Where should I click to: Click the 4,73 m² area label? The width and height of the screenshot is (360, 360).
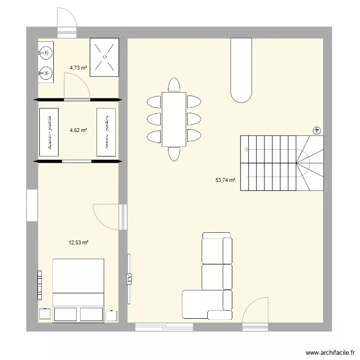click(78, 68)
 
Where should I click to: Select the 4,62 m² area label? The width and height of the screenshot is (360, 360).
click(78, 130)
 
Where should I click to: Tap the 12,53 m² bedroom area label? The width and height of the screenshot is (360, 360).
click(78, 243)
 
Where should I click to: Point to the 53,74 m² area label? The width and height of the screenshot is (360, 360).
click(225, 180)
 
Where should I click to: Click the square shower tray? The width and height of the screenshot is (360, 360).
click(104, 57)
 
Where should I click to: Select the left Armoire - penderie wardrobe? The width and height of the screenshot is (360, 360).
click(48, 132)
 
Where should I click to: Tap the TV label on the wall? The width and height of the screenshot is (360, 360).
click(129, 278)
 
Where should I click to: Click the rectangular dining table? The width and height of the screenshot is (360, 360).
click(174, 119)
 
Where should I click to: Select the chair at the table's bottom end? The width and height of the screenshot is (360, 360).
click(174, 153)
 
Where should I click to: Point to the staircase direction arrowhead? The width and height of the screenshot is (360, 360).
click(246, 150)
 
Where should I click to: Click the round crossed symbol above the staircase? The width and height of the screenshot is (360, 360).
click(317, 130)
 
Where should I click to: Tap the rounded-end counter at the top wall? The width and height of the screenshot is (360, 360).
click(241, 70)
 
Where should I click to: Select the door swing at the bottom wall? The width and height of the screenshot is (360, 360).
click(254, 312)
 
